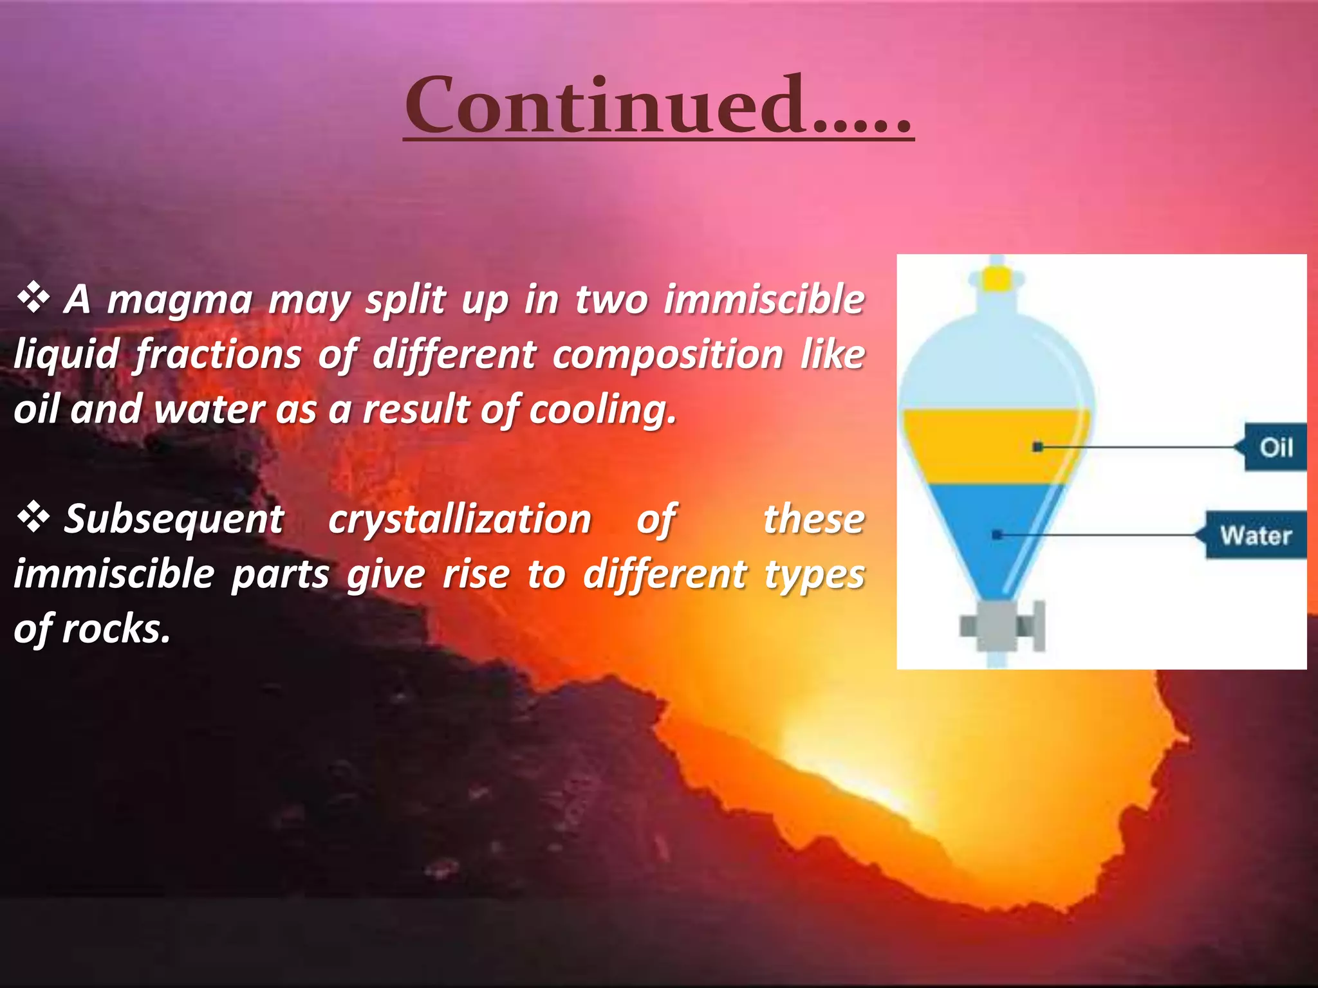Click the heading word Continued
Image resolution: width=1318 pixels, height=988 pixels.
point(658,105)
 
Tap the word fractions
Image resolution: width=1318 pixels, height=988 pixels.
point(218,355)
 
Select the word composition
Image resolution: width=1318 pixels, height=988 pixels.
point(667,355)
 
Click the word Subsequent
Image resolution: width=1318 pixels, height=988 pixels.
point(174,519)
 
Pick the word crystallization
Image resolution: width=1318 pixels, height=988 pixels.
point(459,519)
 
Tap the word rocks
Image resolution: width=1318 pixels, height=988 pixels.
point(116,628)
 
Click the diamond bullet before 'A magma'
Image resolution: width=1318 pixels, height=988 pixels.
point(33,298)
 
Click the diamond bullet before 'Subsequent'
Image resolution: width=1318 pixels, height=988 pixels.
point(33,518)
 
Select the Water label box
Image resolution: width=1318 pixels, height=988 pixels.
point(1255,535)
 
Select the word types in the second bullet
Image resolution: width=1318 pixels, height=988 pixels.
point(814,574)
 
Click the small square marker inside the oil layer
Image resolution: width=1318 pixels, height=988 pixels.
point(1037,446)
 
